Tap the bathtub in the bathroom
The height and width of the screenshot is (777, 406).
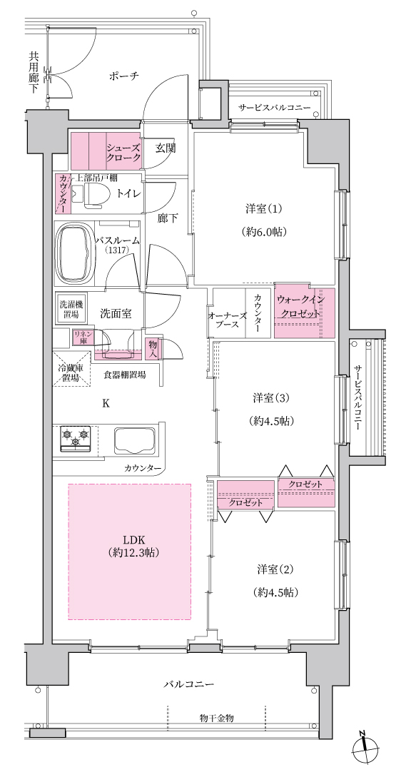(x=76, y=253)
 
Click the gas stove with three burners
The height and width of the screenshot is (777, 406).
(x=76, y=437)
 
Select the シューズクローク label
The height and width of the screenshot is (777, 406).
(x=124, y=152)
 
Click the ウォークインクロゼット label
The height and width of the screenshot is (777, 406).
(x=300, y=307)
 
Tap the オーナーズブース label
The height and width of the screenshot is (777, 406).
(x=225, y=320)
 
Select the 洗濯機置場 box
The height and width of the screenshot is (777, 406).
(x=70, y=310)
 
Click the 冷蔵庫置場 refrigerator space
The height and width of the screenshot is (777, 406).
(x=72, y=369)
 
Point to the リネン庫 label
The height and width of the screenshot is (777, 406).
(x=81, y=337)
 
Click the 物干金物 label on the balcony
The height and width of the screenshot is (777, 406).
(x=217, y=718)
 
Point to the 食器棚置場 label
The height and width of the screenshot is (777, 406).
(x=124, y=375)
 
